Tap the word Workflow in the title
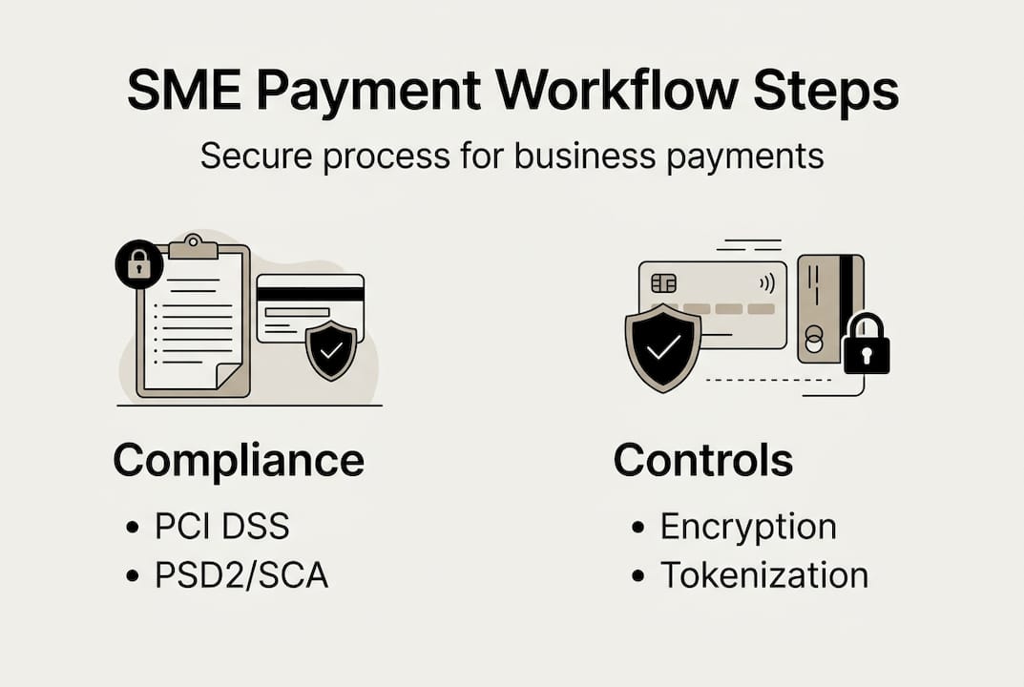pos(611,93)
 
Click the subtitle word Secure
pos(255,156)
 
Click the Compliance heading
pos(239,461)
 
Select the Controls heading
pos(703,461)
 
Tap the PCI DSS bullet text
pos(221,527)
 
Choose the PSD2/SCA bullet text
pos(241,576)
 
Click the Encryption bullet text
pos(748,527)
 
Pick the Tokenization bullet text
pos(764,575)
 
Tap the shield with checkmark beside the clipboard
pos(331,350)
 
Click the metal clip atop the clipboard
pos(193,247)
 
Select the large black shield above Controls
pos(662,347)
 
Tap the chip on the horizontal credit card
pos(663,284)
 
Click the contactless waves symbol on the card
pos(765,282)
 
